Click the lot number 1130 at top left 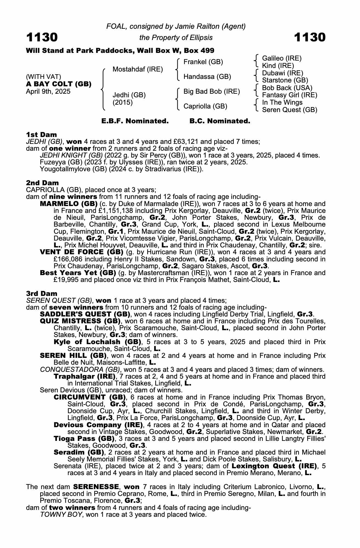tap(42, 37)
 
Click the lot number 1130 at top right tap(310, 37)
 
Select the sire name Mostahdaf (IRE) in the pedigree tap(138, 69)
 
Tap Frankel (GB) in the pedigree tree tap(203, 62)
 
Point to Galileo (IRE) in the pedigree tap(282, 58)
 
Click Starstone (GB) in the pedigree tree tap(285, 80)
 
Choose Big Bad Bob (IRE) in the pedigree tap(212, 91)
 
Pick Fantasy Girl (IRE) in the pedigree tap(290, 95)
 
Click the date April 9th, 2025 tap(48, 92)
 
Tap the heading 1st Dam tap(41, 135)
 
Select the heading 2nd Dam tap(42, 183)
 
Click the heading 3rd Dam tap(42, 293)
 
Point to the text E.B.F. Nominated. tap(135, 121)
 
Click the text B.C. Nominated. tap(220, 121)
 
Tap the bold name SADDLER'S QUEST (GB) tap(85, 314)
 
